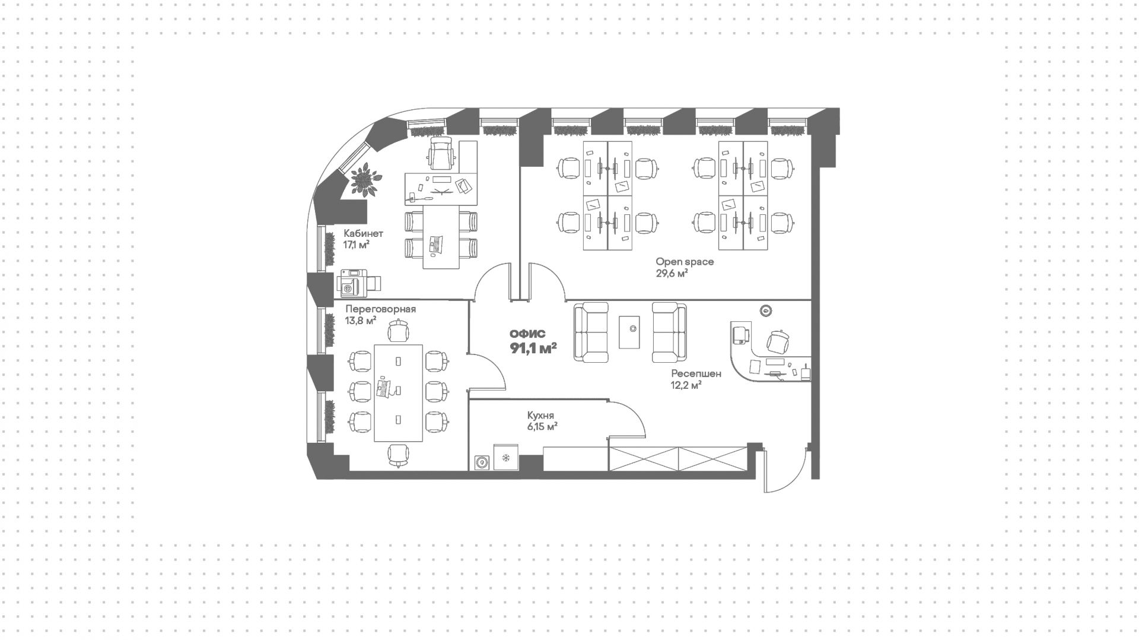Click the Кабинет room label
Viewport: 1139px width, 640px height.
363,233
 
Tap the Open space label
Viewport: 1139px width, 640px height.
685,261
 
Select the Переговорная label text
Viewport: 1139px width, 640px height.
380,309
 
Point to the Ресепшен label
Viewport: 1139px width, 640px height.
696,373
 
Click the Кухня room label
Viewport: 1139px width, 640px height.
540,416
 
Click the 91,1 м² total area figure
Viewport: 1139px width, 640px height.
533,348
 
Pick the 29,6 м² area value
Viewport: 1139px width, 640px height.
672,274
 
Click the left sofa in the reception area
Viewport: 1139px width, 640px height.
591,332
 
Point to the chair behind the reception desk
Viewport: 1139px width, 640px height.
778,341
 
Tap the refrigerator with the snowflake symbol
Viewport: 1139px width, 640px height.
506,458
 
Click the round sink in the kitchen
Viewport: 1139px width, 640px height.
482,462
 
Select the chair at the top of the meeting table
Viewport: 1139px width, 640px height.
398,331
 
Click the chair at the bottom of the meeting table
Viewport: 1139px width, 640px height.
398,455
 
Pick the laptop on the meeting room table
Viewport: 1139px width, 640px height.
383,389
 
